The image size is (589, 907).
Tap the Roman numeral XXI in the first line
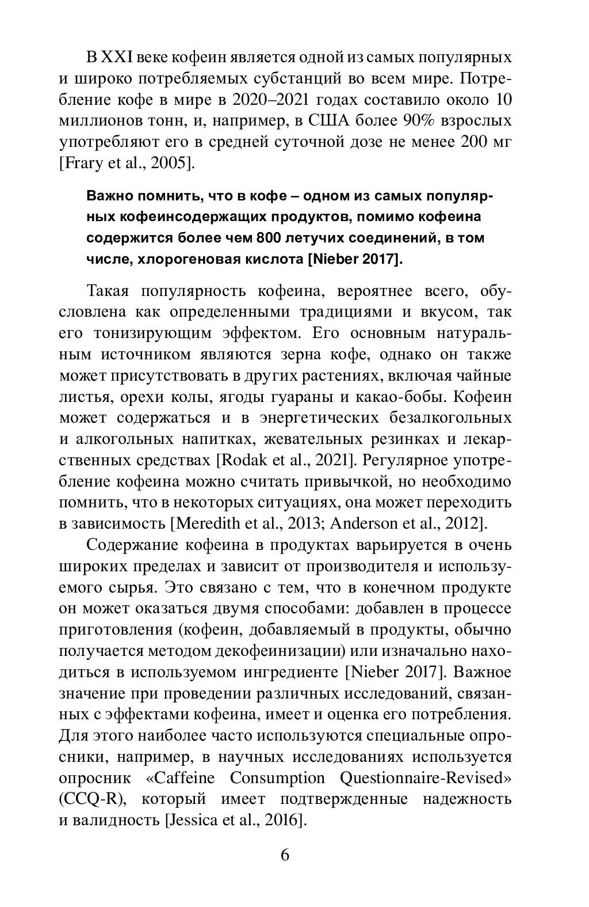coord(118,58)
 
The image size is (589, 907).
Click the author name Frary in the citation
coord(87,164)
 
